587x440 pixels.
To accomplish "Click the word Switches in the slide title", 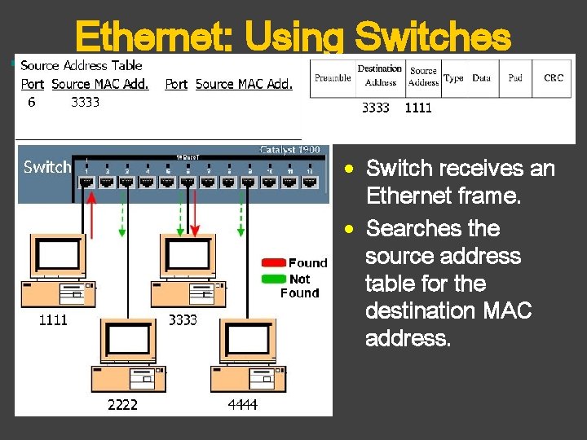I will [x=433, y=37].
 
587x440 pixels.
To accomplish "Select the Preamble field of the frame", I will [x=333, y=78].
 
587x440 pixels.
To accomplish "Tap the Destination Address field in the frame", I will [x=379, y=76].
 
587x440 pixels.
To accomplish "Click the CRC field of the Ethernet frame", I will [x=553, y=78].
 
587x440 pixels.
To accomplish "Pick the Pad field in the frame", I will [x=515, y=78].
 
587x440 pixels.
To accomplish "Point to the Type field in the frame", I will [x=454, y=78].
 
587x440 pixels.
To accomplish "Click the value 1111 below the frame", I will [x=418, y=108].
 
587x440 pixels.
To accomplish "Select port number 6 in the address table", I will [x=31, y=102].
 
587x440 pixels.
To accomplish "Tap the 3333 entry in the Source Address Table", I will [x=86, y=102].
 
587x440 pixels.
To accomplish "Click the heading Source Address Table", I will [x=81, y=65].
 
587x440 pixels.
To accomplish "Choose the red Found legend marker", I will [x=273, y=262].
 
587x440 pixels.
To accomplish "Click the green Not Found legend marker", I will [x=273, y=279].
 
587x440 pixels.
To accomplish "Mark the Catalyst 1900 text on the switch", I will [x=294, y=150].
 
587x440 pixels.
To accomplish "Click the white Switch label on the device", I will [x=47, y=167].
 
